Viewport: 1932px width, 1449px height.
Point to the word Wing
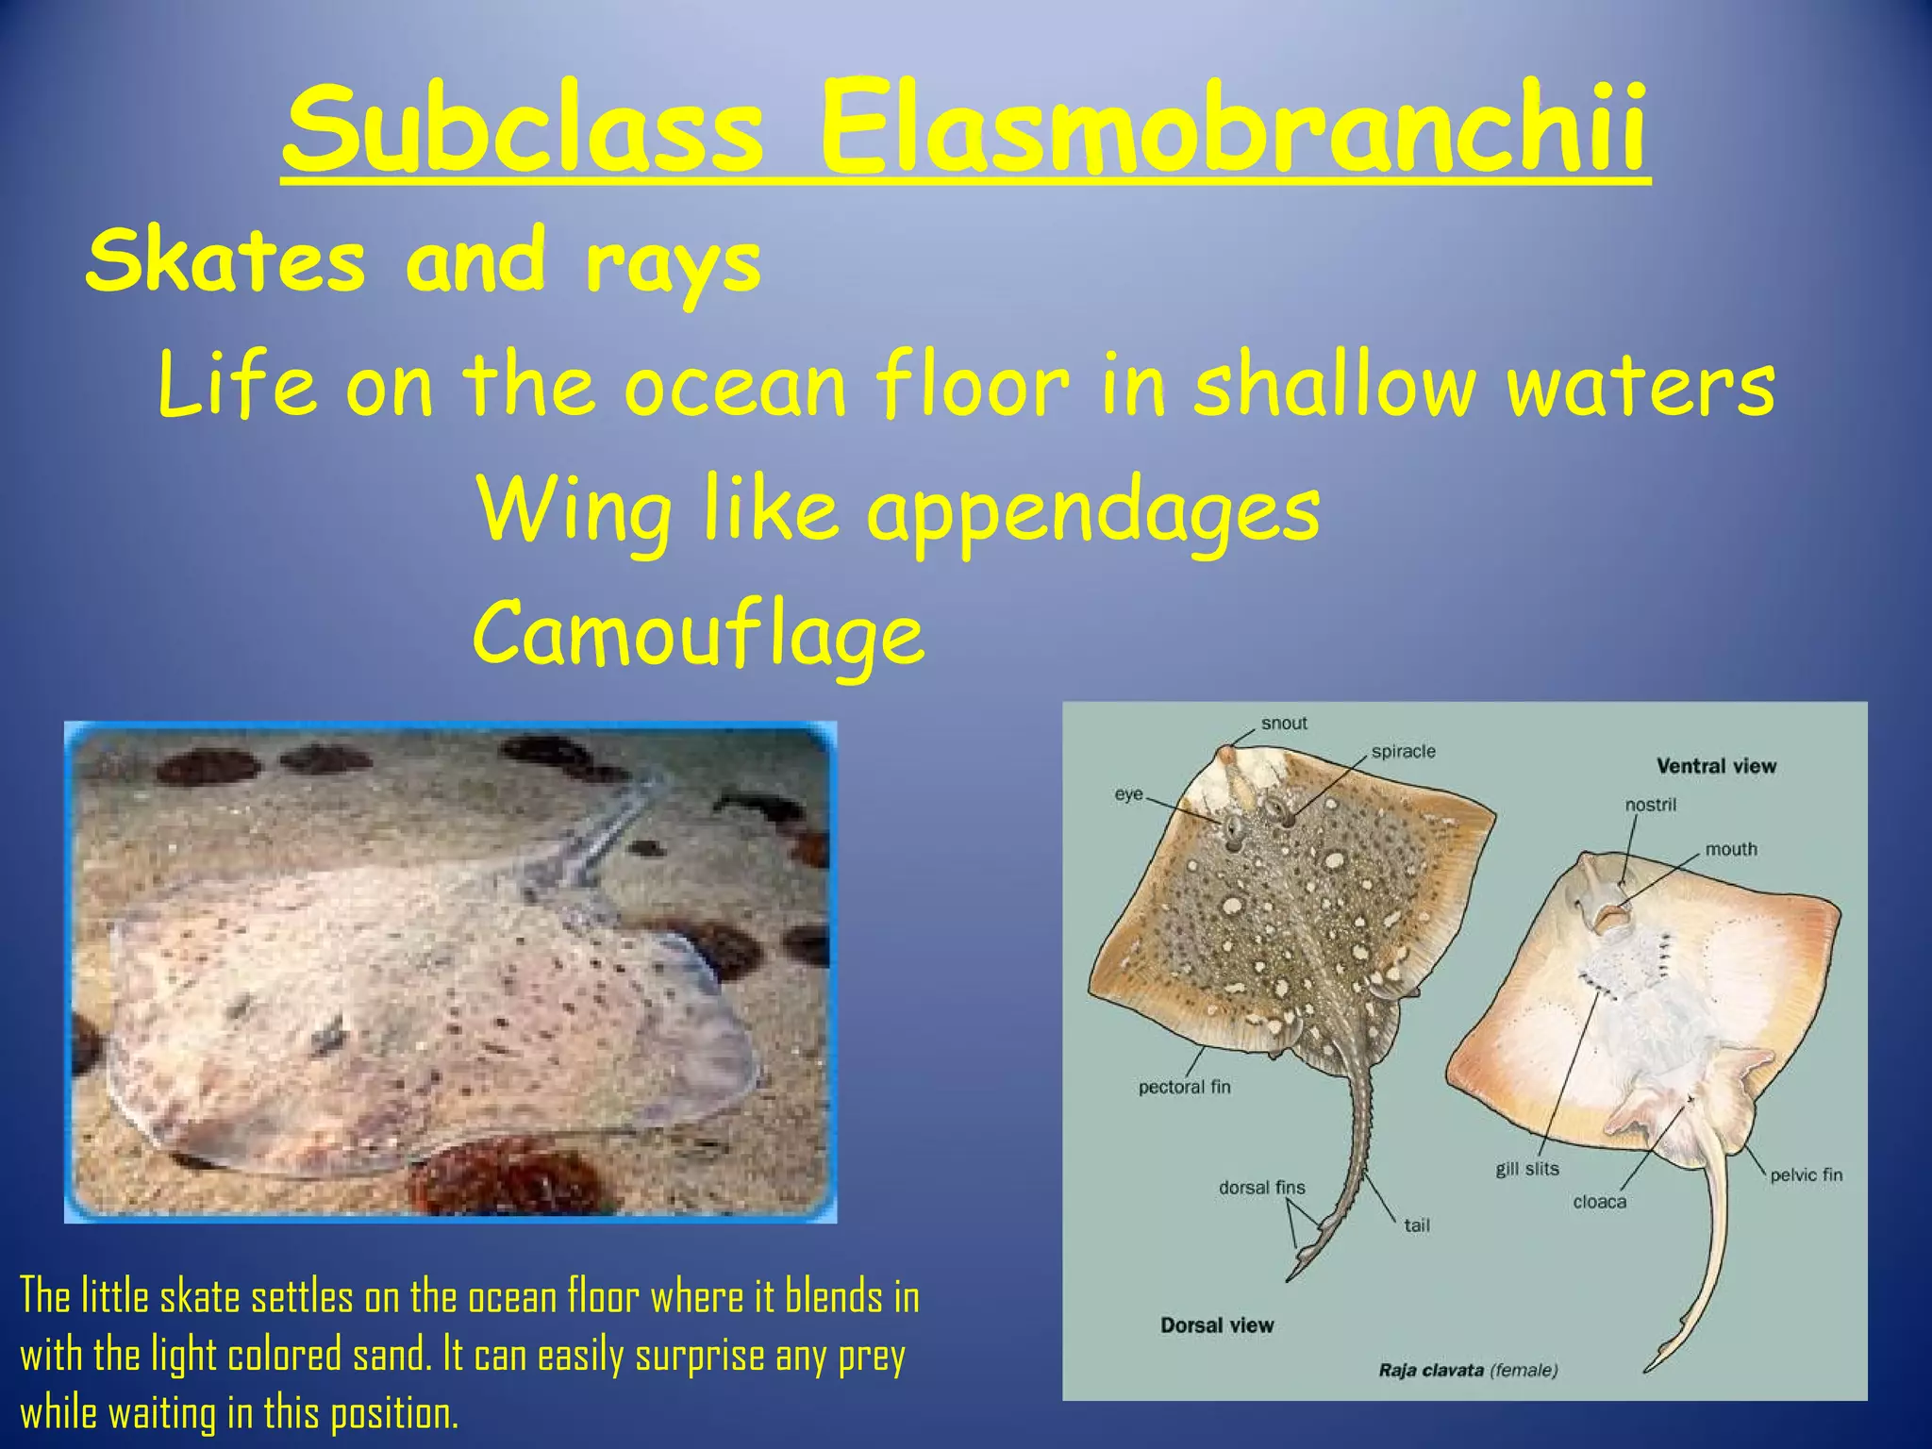tap(575, 509)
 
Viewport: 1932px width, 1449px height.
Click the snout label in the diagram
tap(1284, 724)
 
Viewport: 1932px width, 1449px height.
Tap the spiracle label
tap(1403, 752)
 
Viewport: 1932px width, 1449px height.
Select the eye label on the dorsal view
tap(1128, 794)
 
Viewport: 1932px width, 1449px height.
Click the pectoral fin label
tap(1184, 1087)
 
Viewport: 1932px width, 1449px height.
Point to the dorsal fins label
tap(1261, 1188)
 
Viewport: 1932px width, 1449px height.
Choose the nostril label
tap(1650, 805)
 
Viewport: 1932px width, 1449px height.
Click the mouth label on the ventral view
tap(1730, 849)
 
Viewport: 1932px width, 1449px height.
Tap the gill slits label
tap(1526, 1169)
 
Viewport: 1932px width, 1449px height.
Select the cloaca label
tap(1599, 1202)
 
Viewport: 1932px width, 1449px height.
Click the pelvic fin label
tap(1806, 1174)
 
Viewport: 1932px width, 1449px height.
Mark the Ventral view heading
tap(1716, 766)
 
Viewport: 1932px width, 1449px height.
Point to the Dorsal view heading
tap(1217, 1325)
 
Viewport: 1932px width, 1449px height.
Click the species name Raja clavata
tap(1431, 1370)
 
